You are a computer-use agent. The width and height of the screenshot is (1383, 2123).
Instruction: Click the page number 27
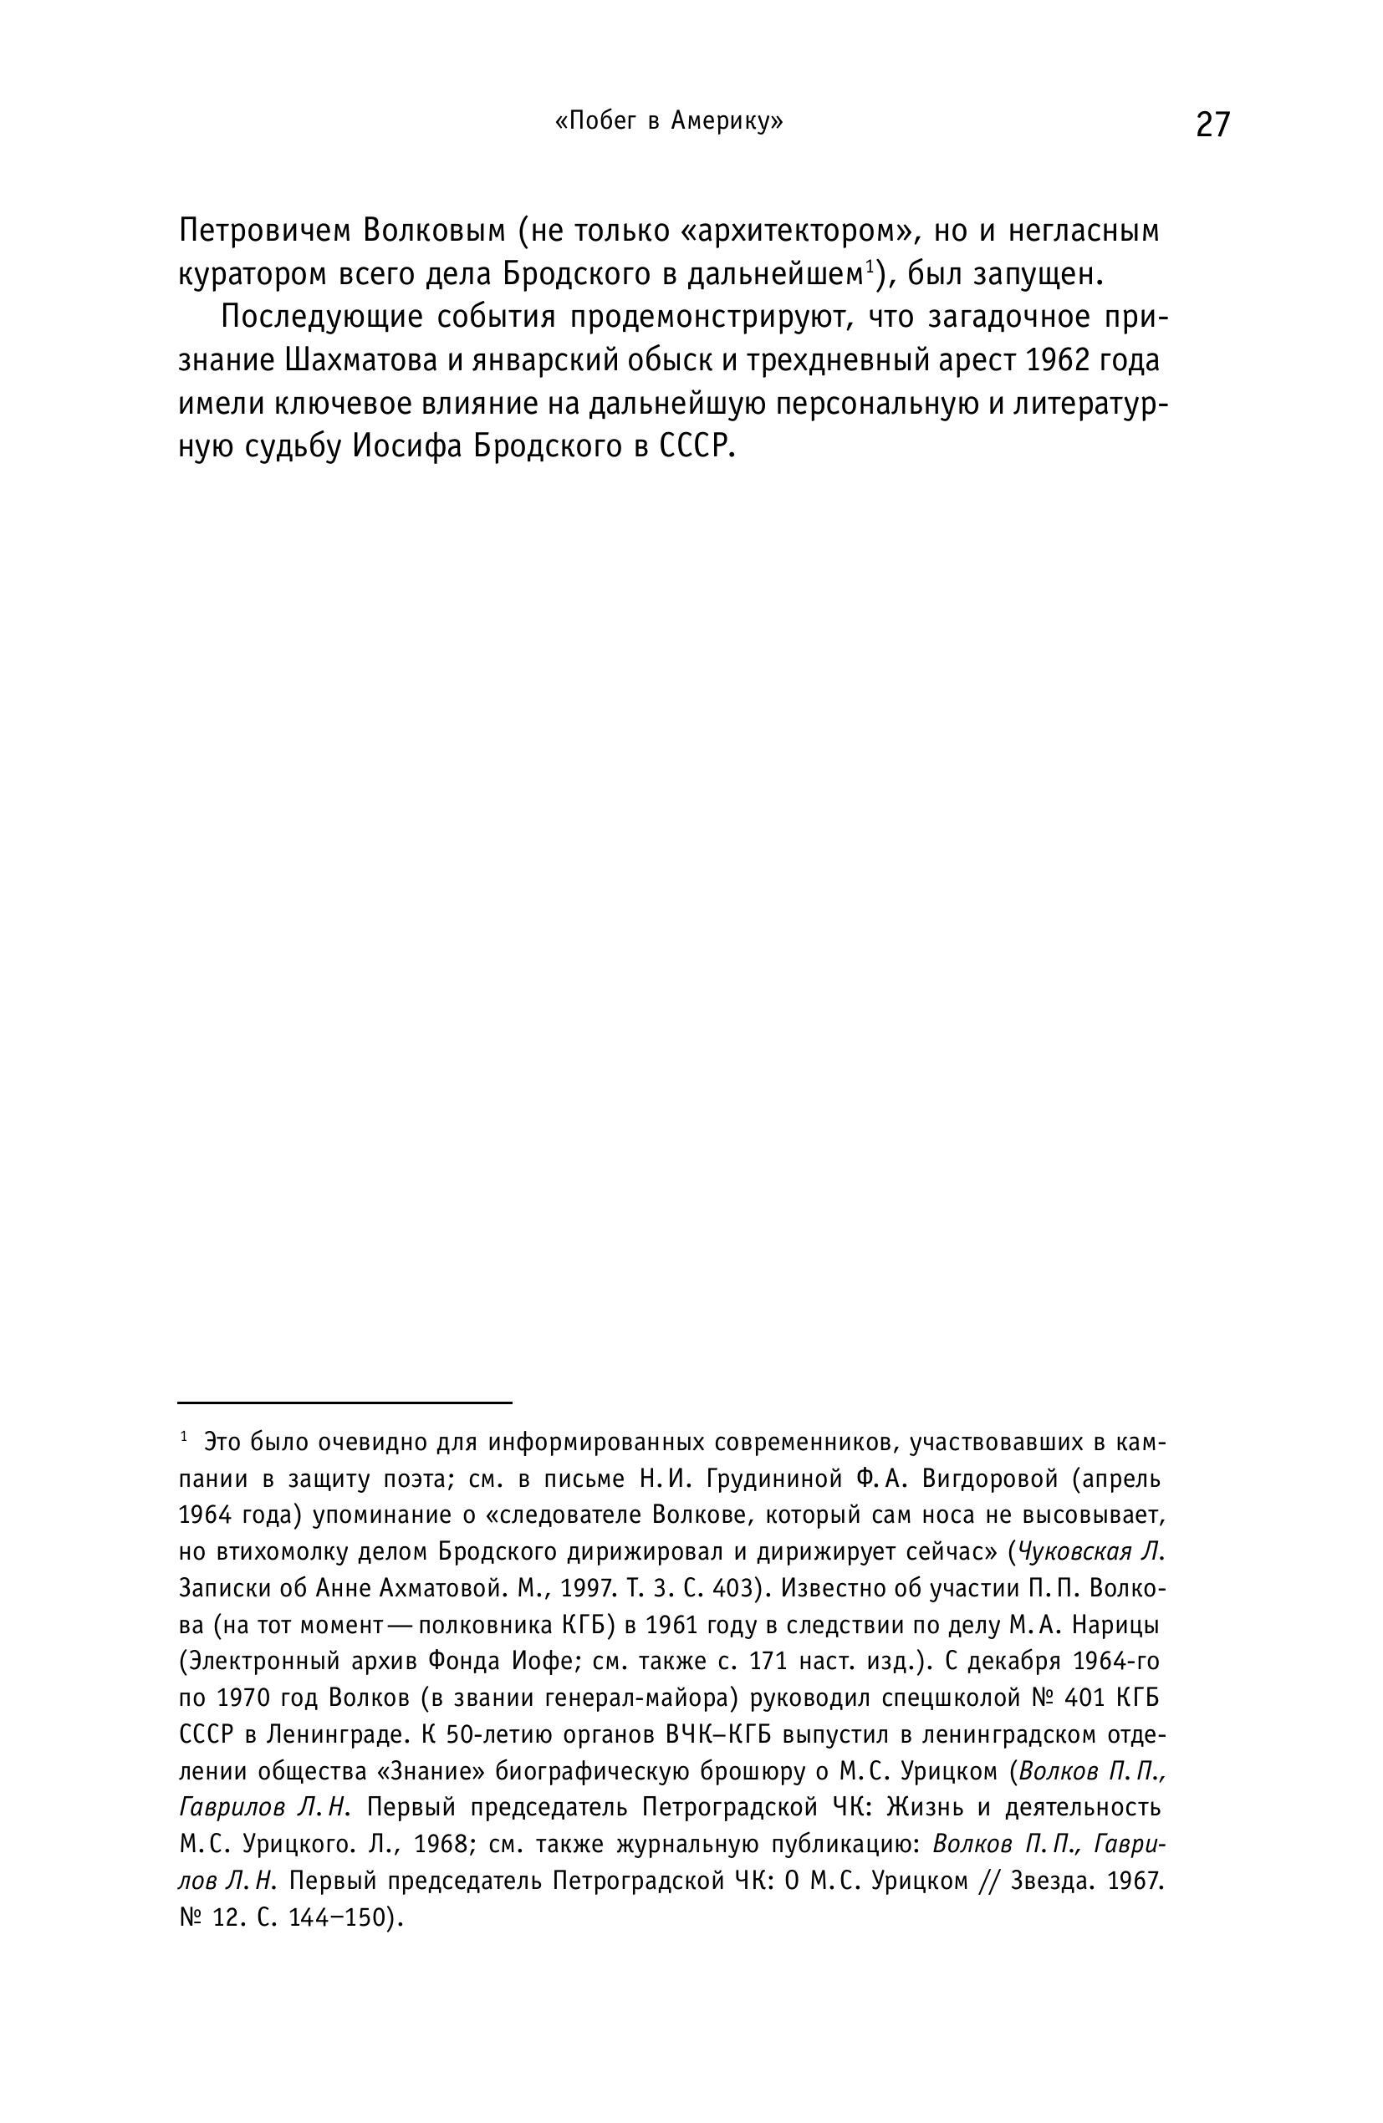(1212, 124)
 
